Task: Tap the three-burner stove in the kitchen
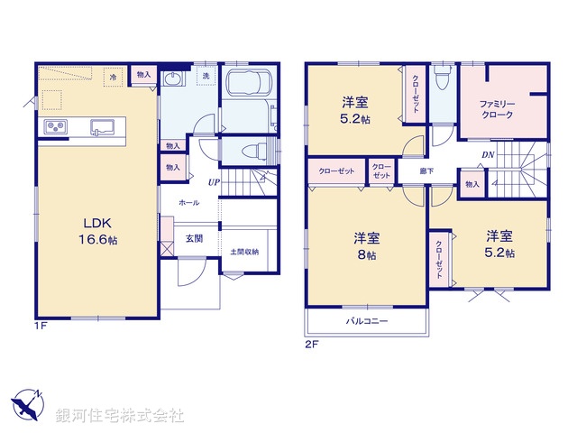[52, 127]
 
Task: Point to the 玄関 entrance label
[195, 238]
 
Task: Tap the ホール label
[189, 204]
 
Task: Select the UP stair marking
[214, 182]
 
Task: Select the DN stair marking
[486, 155]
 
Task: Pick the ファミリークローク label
[497, 109]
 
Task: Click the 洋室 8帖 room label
[366, 246]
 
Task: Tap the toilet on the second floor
[440, 82]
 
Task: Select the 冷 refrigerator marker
[114, 78]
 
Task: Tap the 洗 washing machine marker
[205, 76]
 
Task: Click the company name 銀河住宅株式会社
[121, 415]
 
